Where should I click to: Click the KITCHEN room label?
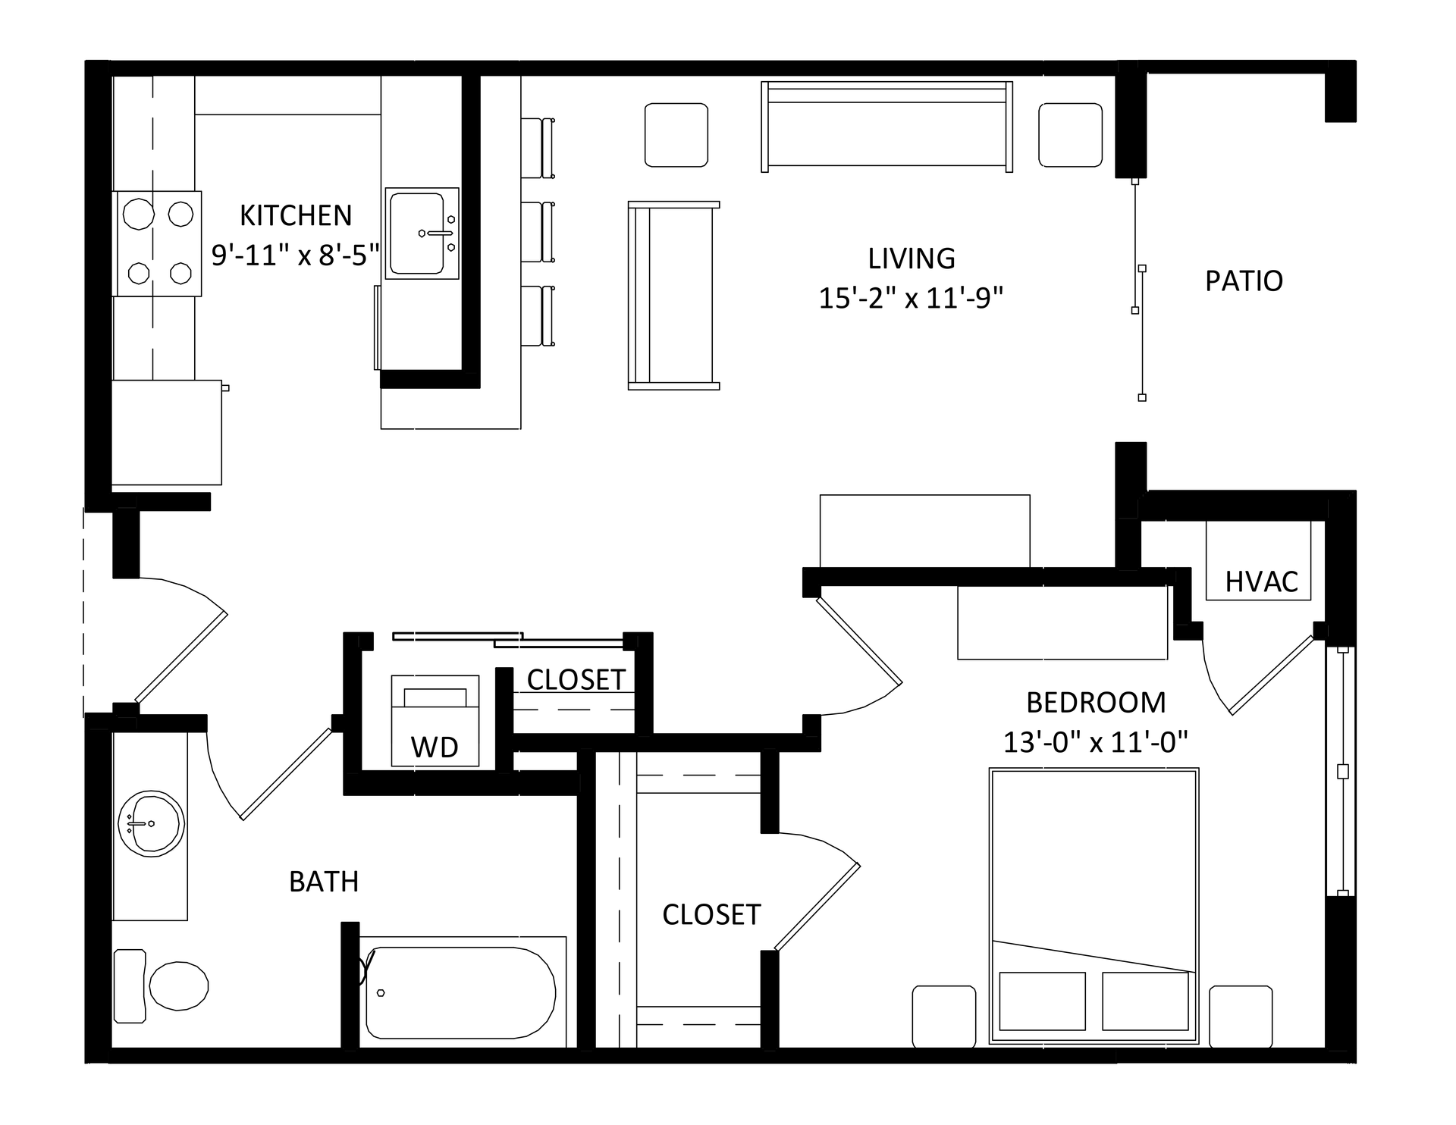click(296, 216)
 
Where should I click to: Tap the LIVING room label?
click(912, 259)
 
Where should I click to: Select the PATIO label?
click(1244, 281)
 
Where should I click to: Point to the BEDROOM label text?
click(1096, 703)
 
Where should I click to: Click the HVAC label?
click(1262, 582)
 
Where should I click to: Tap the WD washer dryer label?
click(435, 747)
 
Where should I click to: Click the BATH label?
click(324, 882)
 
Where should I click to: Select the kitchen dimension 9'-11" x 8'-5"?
click(295, 255)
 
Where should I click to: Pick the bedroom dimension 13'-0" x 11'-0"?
click(1095, 741)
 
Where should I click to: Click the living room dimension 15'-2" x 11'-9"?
click(911, 298)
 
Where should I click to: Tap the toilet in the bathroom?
click(161, 986)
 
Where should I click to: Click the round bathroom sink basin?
click(151, 824)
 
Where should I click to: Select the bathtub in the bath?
click(460, 993)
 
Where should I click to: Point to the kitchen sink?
click(422, 233)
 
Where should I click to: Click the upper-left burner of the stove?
click(139, 214)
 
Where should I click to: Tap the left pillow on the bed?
click(1042, 1001)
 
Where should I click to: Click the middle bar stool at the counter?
click(538, 232)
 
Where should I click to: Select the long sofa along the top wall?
click(887, 127)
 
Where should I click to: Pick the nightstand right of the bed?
click(1241, 1016)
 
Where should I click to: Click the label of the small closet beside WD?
click(576, 680)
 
